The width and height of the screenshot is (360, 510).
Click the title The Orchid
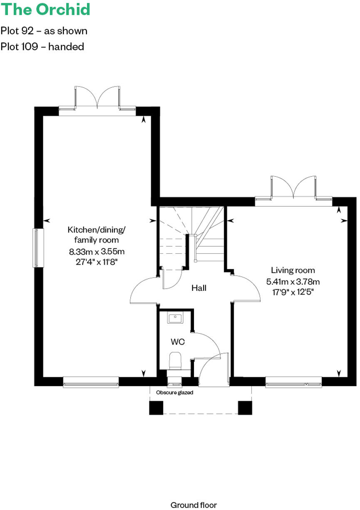point(45,9)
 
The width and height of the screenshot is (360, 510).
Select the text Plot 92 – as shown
point(44,31)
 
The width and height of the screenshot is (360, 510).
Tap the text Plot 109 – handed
point(42,46)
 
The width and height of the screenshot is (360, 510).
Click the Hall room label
point(199,287)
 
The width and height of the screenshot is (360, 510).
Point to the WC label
point(178,342)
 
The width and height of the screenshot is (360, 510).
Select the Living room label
point(293,270)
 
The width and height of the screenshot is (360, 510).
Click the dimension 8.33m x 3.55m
point(97,251)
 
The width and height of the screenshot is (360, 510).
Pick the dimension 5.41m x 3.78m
point(293,281)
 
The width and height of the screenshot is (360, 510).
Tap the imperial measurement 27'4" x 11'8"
point(97,262)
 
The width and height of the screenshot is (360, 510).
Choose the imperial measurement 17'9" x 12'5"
point(293,292)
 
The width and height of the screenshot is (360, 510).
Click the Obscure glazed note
point(174,392)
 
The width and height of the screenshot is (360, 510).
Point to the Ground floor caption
point(194,505)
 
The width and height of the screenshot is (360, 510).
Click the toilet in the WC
point(175,360)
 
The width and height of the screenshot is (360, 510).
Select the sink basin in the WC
point(175,319)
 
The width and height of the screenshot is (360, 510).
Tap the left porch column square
point(156,408)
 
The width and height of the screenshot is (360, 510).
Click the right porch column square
point(245,408)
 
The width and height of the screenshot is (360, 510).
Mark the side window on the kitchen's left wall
point(38,248)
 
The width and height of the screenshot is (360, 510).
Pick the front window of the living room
point(293,382)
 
